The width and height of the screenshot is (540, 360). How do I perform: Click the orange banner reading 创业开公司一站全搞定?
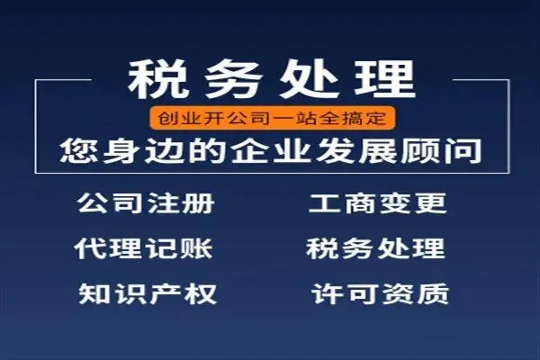coord(272,119)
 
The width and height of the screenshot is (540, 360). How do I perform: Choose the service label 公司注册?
coord(146,202)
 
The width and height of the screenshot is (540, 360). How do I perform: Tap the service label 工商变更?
coord(377,202)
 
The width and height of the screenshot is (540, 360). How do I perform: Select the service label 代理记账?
coord(143,248)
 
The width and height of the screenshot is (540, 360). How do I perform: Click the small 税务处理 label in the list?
coord(375,248)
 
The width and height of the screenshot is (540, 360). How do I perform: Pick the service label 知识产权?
coord(148,294)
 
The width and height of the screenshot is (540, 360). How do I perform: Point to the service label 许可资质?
coord(380,294)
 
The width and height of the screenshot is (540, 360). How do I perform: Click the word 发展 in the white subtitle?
coord(355,151)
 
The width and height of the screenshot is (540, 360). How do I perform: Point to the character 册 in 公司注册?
coord(199,202)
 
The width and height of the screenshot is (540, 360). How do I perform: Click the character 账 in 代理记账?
coord(196,248)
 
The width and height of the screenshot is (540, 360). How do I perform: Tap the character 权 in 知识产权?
coord(200,294)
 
